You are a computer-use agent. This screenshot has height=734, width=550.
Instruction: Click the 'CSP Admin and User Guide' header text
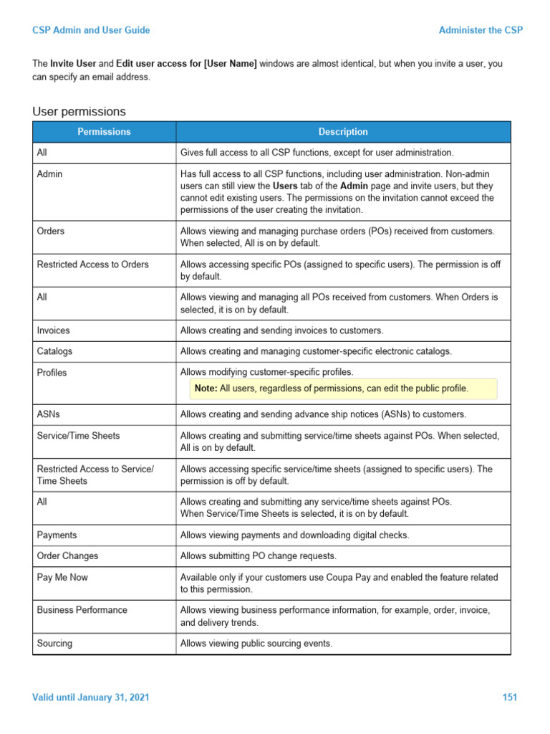click(91, 30)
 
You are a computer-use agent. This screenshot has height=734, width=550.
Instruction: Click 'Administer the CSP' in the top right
click(481, 30)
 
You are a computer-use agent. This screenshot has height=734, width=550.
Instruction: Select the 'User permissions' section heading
click(79, 112)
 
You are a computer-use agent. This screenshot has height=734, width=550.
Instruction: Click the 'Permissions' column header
click(105, 132)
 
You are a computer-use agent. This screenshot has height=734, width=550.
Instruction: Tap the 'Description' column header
click(343, 132)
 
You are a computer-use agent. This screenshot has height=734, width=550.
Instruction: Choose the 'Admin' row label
click(49, 174)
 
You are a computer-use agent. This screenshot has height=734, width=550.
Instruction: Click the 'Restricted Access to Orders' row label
click(93, 264)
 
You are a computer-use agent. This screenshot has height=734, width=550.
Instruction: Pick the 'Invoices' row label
click(54, 330)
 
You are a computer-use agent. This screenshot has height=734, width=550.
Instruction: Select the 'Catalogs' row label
click(54, 351)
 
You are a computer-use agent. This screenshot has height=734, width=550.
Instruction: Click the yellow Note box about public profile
click(343, 389)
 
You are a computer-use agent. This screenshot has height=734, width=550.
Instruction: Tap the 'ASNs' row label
click(48, 414)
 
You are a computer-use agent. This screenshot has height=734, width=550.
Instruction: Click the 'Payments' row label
click(57, 535)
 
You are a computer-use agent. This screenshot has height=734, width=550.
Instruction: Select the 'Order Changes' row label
click(67, 556)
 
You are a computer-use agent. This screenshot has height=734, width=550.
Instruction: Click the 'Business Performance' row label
click(82, 610)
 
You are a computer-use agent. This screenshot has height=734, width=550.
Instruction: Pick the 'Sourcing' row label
click(54, 644)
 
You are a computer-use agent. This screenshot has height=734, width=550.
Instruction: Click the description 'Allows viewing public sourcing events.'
click(256, 644)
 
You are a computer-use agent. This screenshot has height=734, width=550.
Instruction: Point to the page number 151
click(509, 697)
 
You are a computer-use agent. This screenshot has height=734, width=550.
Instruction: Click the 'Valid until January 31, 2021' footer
click(91, 697)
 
